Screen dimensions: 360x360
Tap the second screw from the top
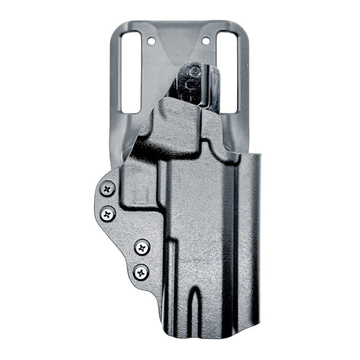[108, 215]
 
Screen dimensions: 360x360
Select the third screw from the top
[141, 247]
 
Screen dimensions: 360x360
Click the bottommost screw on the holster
[140, 272]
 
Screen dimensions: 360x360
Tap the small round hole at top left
[151, 41]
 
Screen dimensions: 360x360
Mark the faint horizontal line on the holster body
[203, 251]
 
